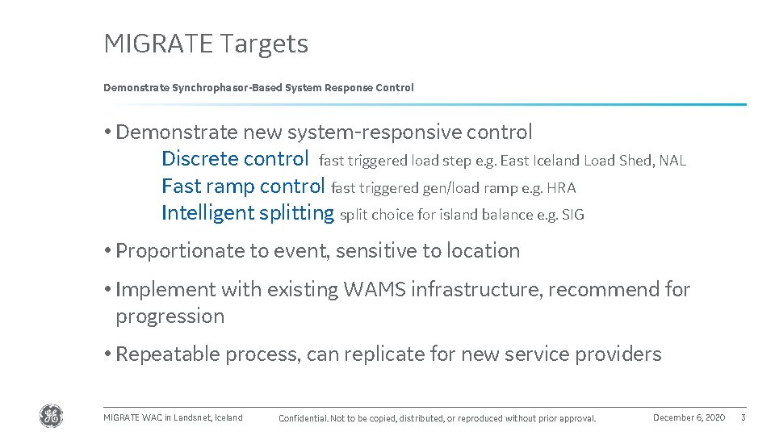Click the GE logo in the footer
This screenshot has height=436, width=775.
point(51,416)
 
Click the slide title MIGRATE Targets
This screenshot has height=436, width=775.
point(206,44)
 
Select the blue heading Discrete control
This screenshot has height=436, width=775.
point(235,158)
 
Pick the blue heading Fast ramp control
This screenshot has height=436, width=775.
point(243,186)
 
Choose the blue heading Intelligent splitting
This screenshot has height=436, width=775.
point(247,213)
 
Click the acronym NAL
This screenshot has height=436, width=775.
point(672,161)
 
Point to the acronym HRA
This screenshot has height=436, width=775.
point(561,188)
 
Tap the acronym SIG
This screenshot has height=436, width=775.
point(572,215)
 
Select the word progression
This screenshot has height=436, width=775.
point(170,317)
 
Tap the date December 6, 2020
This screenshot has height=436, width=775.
point(689,417)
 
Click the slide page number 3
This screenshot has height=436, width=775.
point(743,417)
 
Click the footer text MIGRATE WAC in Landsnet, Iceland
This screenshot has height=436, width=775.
point(173,417)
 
